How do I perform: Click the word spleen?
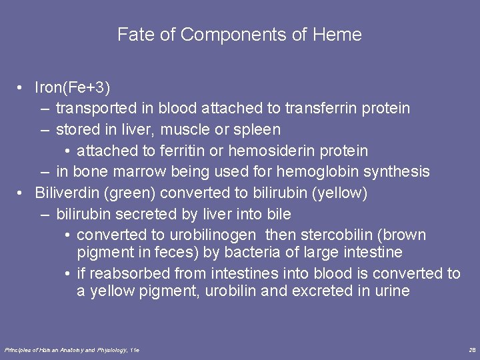pyautogui.click(x=258, y=129)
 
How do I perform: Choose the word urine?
pyautogui.click(x=391, y=291)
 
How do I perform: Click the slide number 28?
pyautogui.click(x=472, y=349)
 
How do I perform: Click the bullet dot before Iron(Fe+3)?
pyautogui.click(x=22, y=87)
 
